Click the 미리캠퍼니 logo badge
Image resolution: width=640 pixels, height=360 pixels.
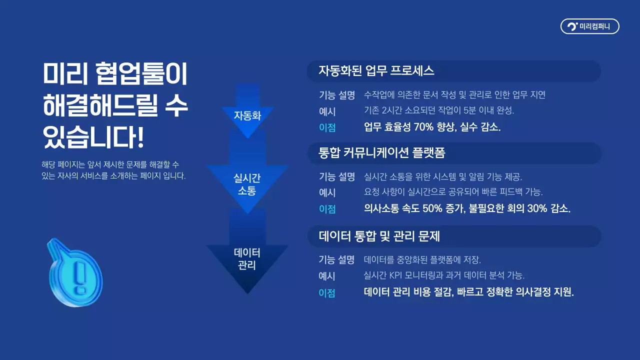click(589, 26)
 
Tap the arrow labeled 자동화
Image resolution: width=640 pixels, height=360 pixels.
click(247, 115)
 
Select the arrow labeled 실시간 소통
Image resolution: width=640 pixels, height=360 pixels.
click(247, 184)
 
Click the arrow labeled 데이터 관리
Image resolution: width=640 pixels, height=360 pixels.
click(247, 258)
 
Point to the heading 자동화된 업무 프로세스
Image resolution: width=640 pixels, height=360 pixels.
click(376, 71)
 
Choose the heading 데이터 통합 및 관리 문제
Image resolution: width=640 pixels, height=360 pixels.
click(379, 236)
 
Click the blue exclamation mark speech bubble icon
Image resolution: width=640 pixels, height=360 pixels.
click(75, 272)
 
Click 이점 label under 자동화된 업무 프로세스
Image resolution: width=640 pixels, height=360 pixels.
click(327, 127)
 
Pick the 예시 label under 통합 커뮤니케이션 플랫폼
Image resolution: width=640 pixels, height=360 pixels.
click(327, 192)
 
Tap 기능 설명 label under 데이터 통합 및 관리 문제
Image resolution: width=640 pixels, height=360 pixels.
click(337, 259)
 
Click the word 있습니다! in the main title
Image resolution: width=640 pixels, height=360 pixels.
click(94, 137)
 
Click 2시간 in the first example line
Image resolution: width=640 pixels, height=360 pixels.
click(394, 110)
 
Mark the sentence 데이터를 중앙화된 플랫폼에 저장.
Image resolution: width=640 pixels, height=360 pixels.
click(422, 259)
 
